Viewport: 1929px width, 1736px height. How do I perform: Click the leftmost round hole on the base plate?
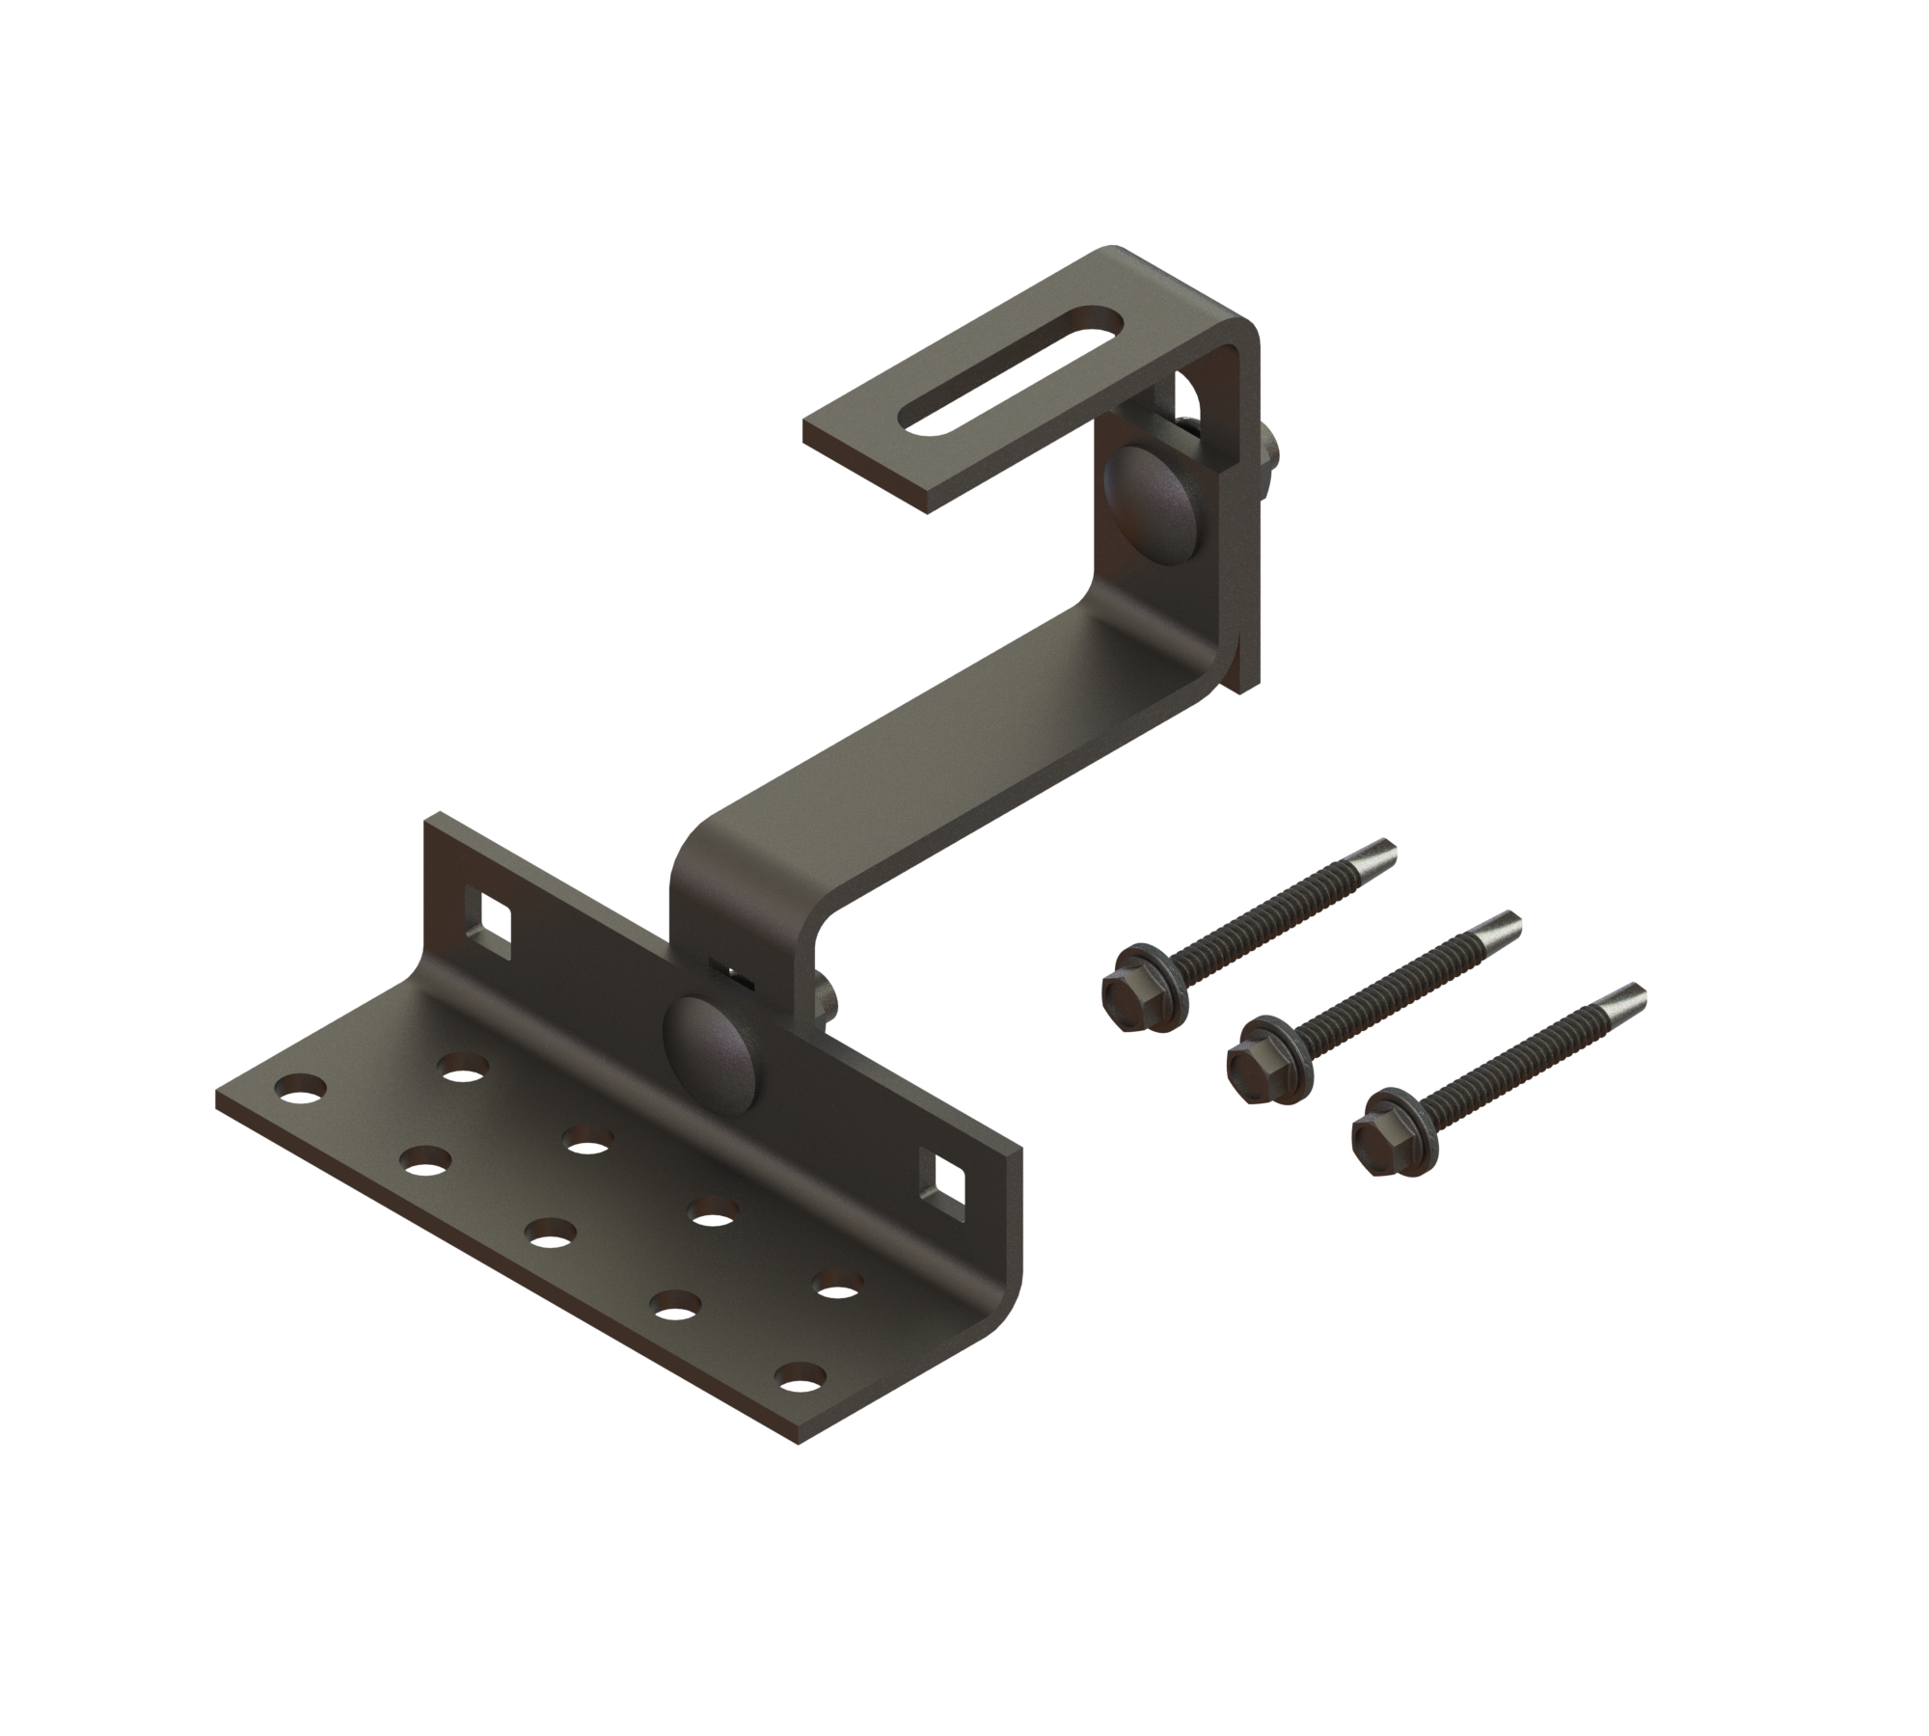tap(298, 1091)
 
